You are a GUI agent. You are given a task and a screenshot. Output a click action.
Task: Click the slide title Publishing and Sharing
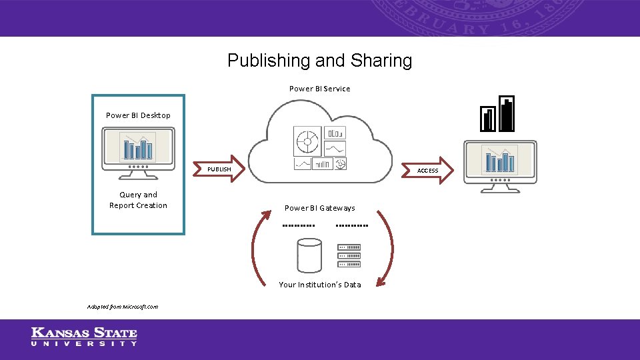pos(319,61)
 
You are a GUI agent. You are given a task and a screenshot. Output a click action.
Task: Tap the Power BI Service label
pos(319,89)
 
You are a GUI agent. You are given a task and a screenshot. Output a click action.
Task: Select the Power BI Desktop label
pos(138,115)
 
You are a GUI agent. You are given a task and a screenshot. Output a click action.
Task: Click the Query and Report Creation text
pos(138,200)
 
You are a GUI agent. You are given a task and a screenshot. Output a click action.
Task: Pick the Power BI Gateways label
pos(319,208)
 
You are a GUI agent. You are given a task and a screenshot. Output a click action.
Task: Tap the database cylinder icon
pos(309,256)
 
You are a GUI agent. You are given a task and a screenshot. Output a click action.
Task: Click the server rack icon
pos(350,255)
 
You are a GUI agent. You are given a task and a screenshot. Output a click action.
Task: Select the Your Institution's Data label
pos(319,285)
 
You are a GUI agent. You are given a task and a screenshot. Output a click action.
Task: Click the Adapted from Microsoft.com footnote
pos(122,307)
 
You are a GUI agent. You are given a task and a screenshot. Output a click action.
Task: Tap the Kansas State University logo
pos(84,337)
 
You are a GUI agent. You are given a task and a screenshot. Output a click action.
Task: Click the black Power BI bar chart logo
pos(497,114)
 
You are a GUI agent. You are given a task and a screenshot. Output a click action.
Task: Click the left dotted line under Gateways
pos(298,226)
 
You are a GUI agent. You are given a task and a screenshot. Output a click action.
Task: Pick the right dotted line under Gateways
pos(351,226)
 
